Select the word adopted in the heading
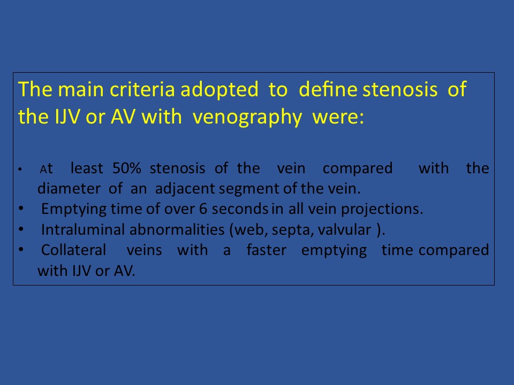(x=220, y=89)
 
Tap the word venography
(x=247, y=117)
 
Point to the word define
(x=328, y=89)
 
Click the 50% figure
(x=126, y=168)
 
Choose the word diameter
(x=69, y=188)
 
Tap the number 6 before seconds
(x=203, y=209)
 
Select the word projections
(x=382, y=210)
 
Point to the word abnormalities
(x=177, y=229)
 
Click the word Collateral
(x=74, y=250)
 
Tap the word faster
(x=267, y=250)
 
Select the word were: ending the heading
(x=338, y=118)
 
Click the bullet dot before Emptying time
(x=21, y=208)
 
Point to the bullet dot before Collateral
(x=21, y=250)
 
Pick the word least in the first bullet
(x=87, y=168)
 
